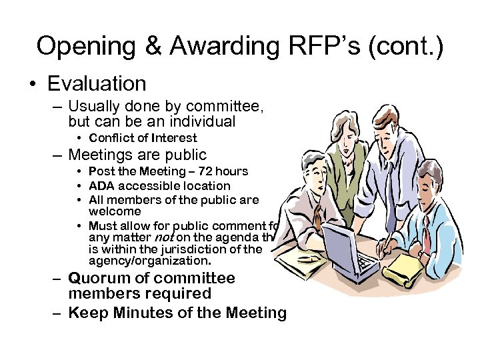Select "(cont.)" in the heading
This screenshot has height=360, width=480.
[410, 46]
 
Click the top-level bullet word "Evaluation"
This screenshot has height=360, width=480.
[97, 83]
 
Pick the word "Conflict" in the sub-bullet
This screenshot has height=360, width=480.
[113, 138]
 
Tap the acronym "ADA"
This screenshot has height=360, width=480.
[101, 186]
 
